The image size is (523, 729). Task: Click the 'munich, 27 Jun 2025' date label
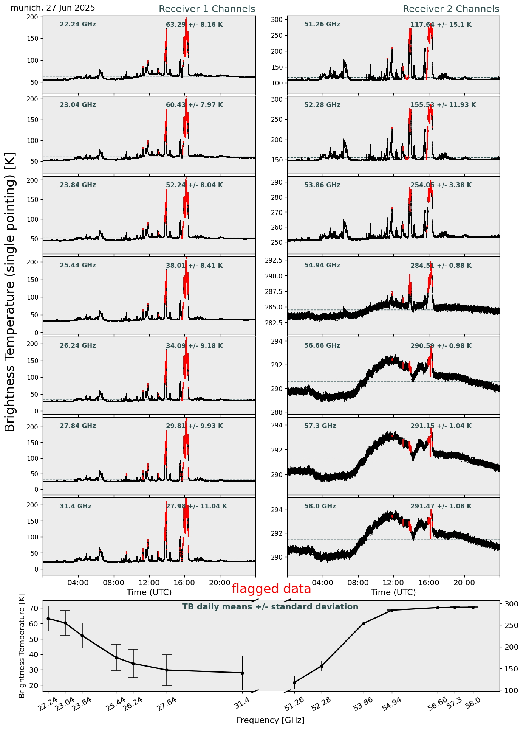click(53, 8)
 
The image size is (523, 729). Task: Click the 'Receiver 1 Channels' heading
click(207, 9)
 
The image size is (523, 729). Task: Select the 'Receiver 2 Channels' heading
click(451, 9)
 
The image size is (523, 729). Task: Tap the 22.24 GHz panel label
click(78, 25)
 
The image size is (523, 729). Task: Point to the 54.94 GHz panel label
click(322, 266)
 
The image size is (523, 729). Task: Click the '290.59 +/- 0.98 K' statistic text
click(441, 346)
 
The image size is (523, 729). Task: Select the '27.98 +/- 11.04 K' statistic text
click(197, 506)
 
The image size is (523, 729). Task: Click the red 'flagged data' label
click(271, 589)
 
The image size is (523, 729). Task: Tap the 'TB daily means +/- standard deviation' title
click(270, 607)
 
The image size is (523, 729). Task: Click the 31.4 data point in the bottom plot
click(242, 673)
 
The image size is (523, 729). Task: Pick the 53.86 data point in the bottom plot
click(364, 623)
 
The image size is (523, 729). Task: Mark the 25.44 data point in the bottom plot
click(116, 657)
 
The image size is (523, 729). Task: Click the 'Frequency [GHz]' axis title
click(270, 720)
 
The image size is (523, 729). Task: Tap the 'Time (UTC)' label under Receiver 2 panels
click(393, 592)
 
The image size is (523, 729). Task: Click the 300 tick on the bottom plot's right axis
click(509, 604)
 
